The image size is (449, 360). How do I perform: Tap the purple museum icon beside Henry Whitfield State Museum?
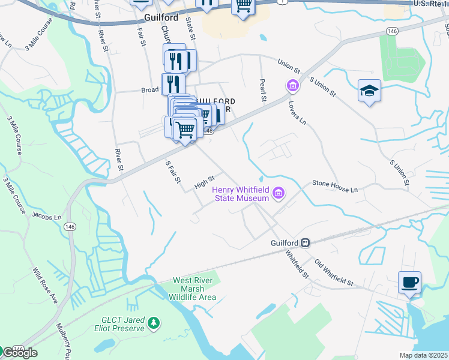[x=279, y=193]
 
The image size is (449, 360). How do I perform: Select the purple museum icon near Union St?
[x=292, y=86]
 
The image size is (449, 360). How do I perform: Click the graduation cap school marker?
[x=370, y=91]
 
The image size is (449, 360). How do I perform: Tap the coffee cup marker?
[x=409, y=282]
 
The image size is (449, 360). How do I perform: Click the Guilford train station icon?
[x=306, y=242]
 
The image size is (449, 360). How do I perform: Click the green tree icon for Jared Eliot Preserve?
[x=154, y=324]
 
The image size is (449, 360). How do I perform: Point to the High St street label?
[x=205, y=182]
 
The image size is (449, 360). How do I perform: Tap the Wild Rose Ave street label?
[x=45, y=285]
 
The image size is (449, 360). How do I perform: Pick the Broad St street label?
[x=150, y=89]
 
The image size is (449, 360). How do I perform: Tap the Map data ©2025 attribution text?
[x=424, y=355]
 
